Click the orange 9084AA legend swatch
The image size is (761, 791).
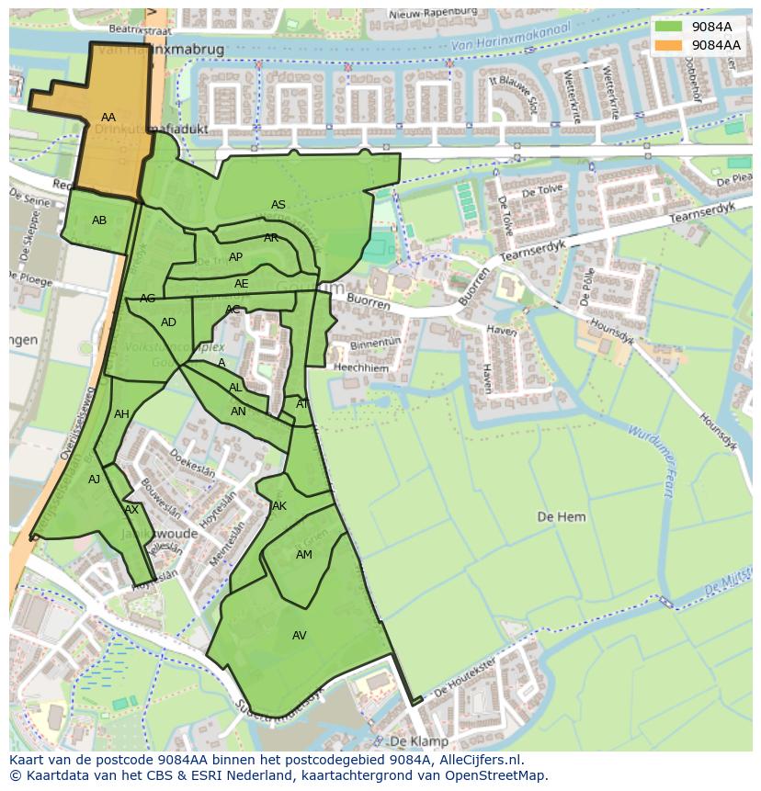(x=669, y=45)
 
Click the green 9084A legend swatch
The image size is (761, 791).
(x=669, y=27)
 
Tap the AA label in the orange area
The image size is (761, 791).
(x=108, y=118)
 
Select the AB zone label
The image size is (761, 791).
(x=99, y=220)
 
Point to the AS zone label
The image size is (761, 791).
(x=278, y=205)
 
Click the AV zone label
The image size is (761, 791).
(x=300, y=636)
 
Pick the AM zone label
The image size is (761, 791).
(x=304, y=555)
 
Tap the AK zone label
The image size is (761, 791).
(x=279, y=506)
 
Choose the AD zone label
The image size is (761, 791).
(x=168, y=322)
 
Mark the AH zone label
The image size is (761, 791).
(x=121, y=414)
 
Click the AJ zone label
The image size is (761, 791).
(x=94, y=480)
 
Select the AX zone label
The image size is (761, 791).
(x=131, y=510)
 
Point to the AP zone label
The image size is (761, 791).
(x=235, y=257)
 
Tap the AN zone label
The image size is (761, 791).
(x=238, y=412)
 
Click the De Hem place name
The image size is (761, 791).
(x=561, y=517)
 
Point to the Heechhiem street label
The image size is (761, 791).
(x=361, y=367)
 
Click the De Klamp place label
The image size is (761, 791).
(x=418, y=740)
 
